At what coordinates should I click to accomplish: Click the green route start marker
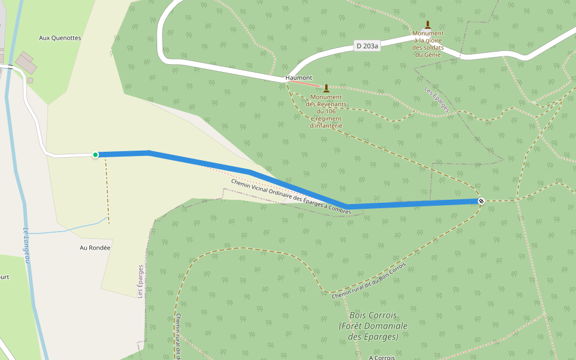tap(95, 155)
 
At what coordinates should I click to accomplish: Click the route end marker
tap(481, 200)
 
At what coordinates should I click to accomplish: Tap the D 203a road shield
tap(367, 46)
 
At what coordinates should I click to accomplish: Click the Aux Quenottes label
tap(60, 38)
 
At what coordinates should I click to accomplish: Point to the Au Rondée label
tap(95, 247)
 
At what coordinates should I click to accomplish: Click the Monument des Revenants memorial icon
tap(326, 88)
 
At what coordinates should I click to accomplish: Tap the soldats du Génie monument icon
tap(428, 25)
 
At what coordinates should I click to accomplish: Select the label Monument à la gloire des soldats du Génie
tap(428, 44)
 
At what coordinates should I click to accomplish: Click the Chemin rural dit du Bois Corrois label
tap(369, 281)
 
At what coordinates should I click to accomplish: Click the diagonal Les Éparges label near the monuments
tap(436, 100)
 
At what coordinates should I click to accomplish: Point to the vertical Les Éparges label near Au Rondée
tap(140, 281)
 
